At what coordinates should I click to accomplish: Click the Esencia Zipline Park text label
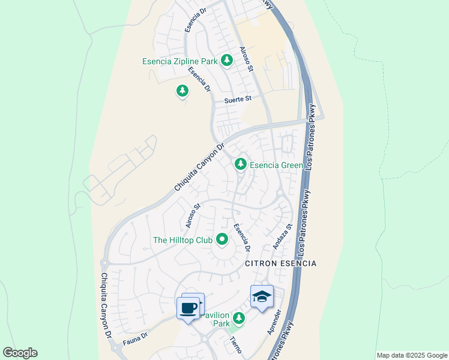coord(180,61)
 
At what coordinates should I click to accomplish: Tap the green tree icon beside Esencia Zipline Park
coord(227,60)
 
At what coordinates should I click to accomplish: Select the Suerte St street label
coord(237,100)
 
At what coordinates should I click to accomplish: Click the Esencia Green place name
coord(277,165)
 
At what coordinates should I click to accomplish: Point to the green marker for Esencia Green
coord(241,163)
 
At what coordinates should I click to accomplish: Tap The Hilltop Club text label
coord(183,240)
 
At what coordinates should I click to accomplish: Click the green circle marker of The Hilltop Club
coord(222,240)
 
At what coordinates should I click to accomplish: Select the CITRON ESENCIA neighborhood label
coord(280,263)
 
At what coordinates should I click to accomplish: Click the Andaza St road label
coord(282,236)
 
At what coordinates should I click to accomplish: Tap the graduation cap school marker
coord(262,296)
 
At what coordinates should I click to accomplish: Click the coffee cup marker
coord(188,308)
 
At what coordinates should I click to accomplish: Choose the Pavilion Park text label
coord(215,319)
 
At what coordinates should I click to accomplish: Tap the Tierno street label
coord(236,345)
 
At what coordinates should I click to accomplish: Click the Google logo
coord(20,353)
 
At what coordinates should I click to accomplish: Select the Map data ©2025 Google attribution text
coord(412,355)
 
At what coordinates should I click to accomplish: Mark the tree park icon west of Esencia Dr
coord(182,91)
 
